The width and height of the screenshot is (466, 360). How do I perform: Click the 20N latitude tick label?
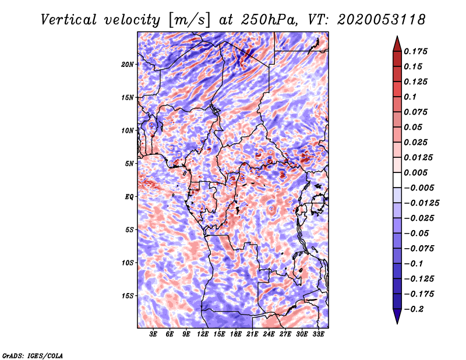[x=128, y=64]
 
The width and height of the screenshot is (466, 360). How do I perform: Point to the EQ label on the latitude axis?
[x=129, y=197]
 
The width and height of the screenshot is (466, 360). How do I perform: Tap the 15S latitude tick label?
[x=128, y=296]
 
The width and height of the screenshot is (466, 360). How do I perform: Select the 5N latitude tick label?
[x=129, y=164]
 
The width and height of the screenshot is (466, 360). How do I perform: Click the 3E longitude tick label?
[x=153, y=334]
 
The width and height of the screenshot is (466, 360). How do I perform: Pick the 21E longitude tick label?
[x=252, y=334]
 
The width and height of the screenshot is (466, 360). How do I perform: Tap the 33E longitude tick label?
[x=318, y=334]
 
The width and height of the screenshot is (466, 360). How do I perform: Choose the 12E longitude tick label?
[x=202, y=334]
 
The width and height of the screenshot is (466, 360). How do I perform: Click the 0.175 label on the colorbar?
[x=415, y=51]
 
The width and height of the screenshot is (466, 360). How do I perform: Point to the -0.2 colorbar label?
[x=414, y=309]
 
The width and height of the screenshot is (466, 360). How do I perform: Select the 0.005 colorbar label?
[x=415, y=172]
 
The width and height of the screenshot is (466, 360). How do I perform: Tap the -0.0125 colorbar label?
[x=421, y=203]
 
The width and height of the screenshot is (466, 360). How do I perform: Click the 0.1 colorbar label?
[x=410, y=97]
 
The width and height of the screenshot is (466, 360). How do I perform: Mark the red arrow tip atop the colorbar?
[x=397, y=37]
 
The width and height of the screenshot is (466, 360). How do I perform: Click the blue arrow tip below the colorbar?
[x=397, y=323]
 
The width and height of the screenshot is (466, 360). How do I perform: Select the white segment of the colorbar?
[x=397, y=180]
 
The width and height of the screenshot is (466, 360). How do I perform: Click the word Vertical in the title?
[x=69, y=20]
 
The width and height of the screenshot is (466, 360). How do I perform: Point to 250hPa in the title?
[x=269, y=20]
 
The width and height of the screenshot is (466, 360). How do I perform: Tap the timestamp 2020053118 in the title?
[x=382, y=20]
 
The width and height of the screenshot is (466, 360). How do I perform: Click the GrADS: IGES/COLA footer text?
[x=33, y=355]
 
